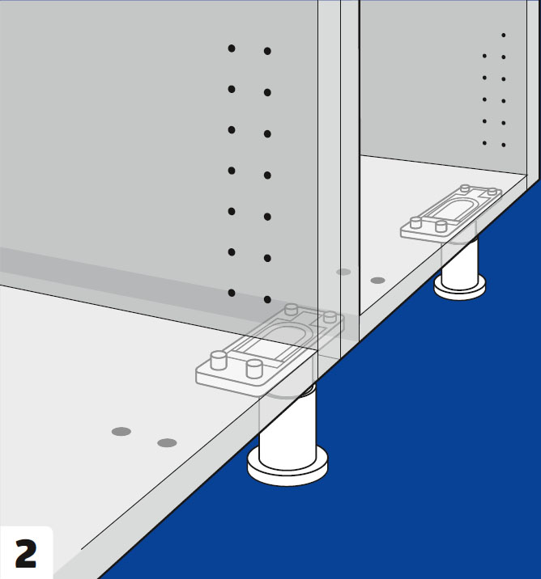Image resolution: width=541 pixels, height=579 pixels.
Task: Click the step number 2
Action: (x=26, y=553)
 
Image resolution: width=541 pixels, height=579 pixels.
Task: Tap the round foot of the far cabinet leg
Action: (x=460, y=288)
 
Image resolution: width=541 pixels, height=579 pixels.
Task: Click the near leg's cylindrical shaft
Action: (x=288, y=429)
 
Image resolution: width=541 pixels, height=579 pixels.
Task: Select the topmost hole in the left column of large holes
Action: (x=232, y=49)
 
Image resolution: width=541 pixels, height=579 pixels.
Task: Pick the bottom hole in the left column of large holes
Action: (x=232, y=293)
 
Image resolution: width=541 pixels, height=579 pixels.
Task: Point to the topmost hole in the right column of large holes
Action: (x=267, y=51)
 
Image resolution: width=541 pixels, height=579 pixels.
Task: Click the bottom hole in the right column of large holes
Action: (x=267, y=299)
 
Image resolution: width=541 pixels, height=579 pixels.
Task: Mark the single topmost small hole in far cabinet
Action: (x=503, y=35)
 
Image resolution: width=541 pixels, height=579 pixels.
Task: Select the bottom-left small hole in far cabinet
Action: (x=484, y=143)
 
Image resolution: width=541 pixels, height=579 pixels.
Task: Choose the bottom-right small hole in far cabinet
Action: (x=503, y=145)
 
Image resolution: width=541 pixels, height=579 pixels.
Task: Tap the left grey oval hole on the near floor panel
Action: (x=121, y=431)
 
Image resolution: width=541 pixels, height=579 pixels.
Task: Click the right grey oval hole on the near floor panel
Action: (x=167, y=443)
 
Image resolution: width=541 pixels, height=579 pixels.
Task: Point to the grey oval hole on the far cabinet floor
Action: (x=377, y=281)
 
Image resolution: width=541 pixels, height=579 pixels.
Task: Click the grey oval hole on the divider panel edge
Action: (x=343, y=273)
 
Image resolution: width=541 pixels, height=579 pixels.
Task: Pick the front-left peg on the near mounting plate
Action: (x=219, y=361)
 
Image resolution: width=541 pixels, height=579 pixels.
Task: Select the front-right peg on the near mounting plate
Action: (x=254, y=369)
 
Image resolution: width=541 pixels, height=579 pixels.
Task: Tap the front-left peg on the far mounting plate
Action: (x=416, y=222)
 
